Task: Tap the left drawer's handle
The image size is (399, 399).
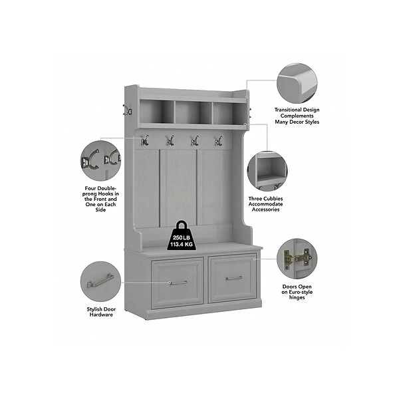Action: pos(176,282)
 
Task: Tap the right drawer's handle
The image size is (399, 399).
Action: pos(233,278)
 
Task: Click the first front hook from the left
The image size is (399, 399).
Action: pos(145,140)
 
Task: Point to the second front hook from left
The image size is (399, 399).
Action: pos(170,140)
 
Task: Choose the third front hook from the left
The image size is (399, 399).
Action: pos(195,140)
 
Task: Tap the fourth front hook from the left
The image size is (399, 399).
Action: pos(217,140)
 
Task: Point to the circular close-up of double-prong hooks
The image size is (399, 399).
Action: pos(101,160)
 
